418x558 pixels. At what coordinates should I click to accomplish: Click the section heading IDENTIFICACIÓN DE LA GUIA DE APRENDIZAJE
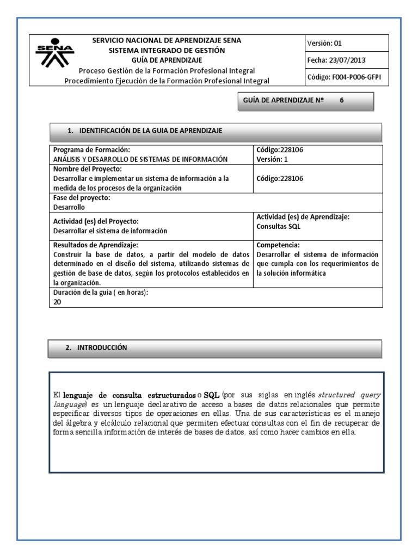click(x=150, y=131)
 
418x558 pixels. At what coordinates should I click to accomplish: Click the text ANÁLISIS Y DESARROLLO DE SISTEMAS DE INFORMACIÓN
click(x=140, y=159)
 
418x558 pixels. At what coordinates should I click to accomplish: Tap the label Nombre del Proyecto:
click(x=87, y=169)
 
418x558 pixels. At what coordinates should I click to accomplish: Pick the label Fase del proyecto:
click(x=82, y=198)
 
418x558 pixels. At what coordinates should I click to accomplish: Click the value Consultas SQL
click(x=279, y=226)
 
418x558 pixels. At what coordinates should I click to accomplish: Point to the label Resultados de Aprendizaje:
click(x=95, y=245)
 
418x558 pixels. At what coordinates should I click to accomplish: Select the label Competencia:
click(x=278, y=245)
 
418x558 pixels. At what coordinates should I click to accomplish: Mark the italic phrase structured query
click(x=349, y=395)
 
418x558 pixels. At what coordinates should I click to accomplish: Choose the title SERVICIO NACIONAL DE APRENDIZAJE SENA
click(x=167, y=40)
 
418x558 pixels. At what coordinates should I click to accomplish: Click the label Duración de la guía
click(x=101, y=293)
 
